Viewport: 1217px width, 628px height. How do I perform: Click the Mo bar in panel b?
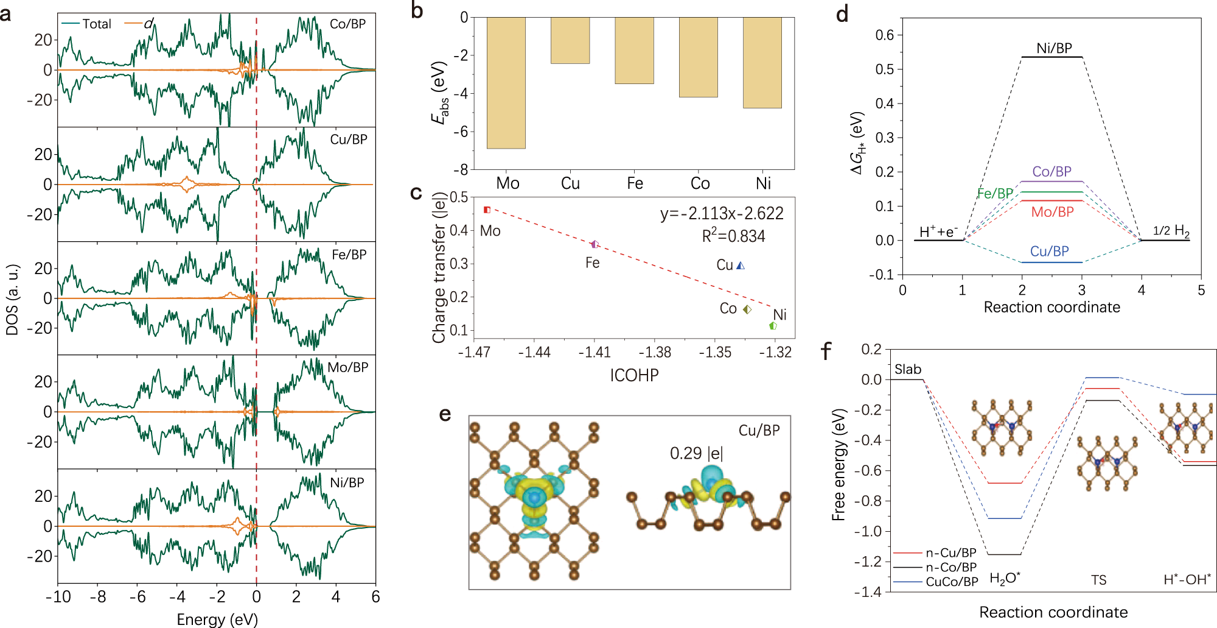(506, 82)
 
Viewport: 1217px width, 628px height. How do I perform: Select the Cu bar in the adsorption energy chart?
(570, 40)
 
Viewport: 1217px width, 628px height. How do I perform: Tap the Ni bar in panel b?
(762, 63)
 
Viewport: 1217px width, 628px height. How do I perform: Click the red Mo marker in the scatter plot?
(487, 210)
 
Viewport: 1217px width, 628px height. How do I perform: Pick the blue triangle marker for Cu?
(741, 266)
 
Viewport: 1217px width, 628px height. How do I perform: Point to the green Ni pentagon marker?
(773, 326)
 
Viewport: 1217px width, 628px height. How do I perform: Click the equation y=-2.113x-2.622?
(722, 214)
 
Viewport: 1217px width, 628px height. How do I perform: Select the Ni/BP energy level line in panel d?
(1051, 57)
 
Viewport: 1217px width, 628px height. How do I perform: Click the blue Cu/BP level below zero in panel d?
(1051, 263)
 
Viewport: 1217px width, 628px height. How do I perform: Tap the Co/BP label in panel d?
(1051, 172)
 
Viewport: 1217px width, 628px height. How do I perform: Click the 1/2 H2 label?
(1171, 231)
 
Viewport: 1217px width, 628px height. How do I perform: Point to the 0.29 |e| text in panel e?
(696, 454)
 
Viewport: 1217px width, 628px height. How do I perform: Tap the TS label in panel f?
(1098, 580)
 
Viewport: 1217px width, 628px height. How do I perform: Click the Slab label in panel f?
(907, 370)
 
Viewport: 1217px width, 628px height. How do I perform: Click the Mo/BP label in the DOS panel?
(347, 367)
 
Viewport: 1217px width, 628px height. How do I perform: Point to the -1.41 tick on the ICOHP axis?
(594, 353)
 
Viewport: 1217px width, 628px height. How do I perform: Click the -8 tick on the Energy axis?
(97, 597)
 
